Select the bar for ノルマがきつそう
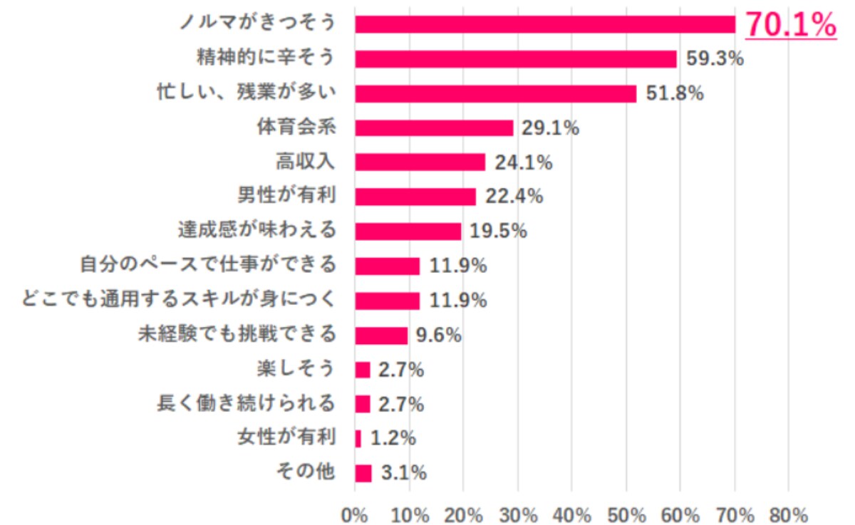click(545, 24)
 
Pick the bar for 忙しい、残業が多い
click(495, 93)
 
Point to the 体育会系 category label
click(296, 128)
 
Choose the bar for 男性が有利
click(415, 197)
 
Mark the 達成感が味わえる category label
click(256, 231)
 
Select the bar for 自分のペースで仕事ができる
click(387, 266)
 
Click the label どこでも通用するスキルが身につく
click(179, 300)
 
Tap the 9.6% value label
click(440, 335)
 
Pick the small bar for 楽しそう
click(363, 370)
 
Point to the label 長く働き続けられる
click(246, 404)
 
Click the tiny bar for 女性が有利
click(358, 439)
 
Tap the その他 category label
click(305, 472)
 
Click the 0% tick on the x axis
click(354, 514)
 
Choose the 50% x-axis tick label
click(626, 514)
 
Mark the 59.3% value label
click(715, 59)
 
